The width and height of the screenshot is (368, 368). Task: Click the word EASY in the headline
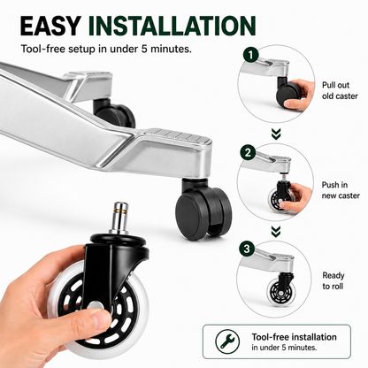coord(50,26)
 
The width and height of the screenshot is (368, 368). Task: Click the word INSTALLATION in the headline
coord(172,26)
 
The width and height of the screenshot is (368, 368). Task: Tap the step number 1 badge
coord(251,55)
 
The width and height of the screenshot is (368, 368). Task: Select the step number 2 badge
coord(248,152)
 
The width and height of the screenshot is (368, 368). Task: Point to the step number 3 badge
coord(247,249)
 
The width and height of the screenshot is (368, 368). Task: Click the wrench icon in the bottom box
coord(227,341)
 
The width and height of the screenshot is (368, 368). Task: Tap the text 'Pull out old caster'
coord(340,90)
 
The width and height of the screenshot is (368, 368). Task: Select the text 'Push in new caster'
coord(341,190)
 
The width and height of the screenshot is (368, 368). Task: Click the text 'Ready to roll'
coord(333,280)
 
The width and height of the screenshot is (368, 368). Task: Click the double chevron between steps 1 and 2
coord(276,134)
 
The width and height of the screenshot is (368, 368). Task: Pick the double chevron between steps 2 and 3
coord(276,232)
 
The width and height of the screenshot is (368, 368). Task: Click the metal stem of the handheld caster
coord(120,218)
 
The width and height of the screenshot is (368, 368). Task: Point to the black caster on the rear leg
coord(114,113)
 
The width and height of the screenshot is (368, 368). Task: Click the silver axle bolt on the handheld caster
coord(95,305)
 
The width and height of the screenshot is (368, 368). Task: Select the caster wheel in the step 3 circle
coord(280,293)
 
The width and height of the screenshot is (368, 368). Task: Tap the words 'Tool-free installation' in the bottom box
coord(294,337)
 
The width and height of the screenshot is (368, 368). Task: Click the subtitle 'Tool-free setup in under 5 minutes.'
coord(106,49)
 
